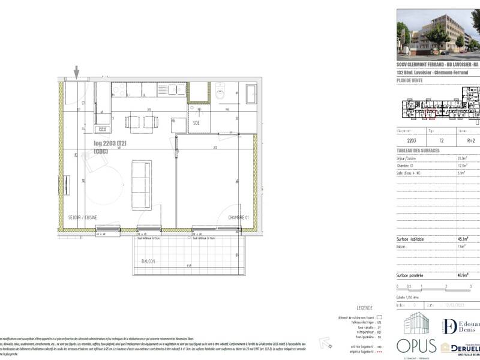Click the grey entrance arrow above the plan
[x=76, y=71]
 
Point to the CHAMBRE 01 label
[x=238, y=217]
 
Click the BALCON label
[x=149, y=262]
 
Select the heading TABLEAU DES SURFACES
[x=419, y=150]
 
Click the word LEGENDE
[x=365, y=307]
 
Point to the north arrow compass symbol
[x=327, y=343]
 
